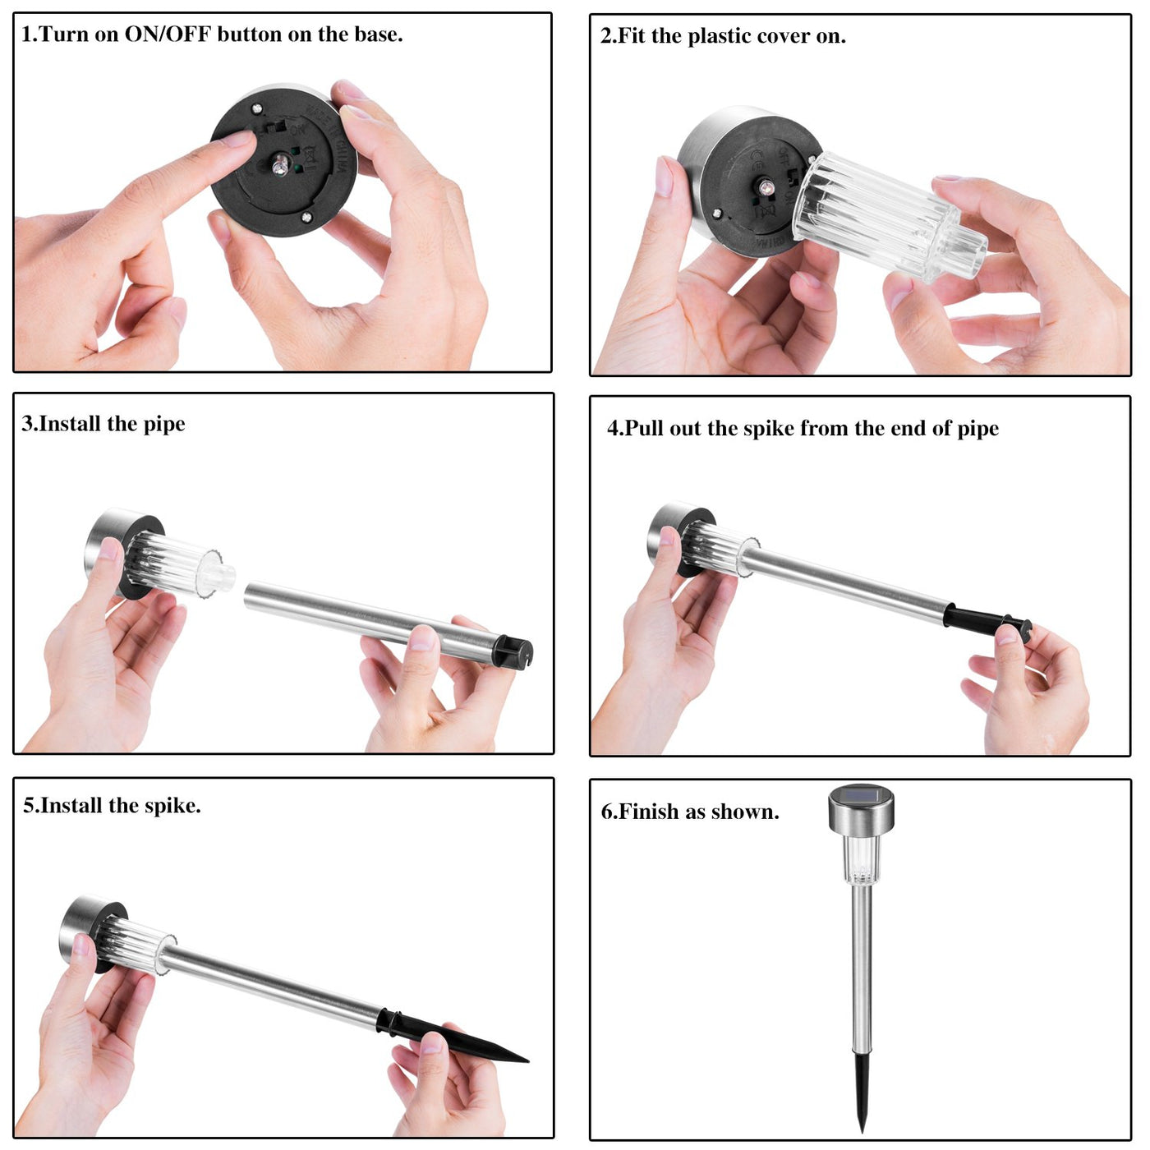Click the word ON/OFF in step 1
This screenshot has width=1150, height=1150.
pyautogui.click(x=168, y=34)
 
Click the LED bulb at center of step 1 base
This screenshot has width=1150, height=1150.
pyautogui.click(x=280, y=165)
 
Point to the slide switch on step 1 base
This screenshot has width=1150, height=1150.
pyautogui.click(x=274, y=126)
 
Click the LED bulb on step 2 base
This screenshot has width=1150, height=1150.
pyautogui.click(x=765, y=187)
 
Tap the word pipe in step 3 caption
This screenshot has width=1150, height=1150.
pyautogui.click(x=164, y=425)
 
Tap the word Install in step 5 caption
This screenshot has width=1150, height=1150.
pyautogui.click(x=71, y=806)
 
